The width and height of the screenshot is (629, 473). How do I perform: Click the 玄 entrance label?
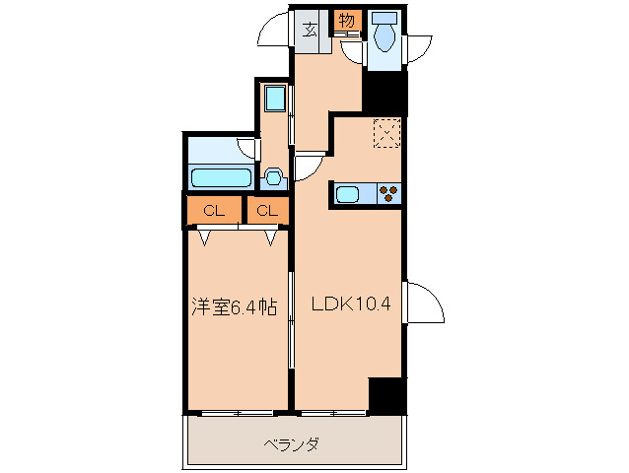[x=309, y=29]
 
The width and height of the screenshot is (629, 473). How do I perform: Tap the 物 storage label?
[x=346, y=20]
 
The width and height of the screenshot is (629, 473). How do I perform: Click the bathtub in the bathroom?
[x=219, y=177]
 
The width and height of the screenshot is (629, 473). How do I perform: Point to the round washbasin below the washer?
[x=274, y=177]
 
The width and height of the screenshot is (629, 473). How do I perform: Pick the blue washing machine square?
[x=275, y=100]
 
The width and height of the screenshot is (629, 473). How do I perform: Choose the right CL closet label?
[x=266, y=210]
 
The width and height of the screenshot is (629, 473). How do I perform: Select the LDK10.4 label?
[x=352, y=304]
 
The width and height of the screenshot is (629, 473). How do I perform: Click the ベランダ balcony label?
[x=291, y=443]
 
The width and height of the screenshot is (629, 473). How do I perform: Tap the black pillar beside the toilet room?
[x=385, y=93]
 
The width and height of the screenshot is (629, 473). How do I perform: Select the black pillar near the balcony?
[x=386, y=394]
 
